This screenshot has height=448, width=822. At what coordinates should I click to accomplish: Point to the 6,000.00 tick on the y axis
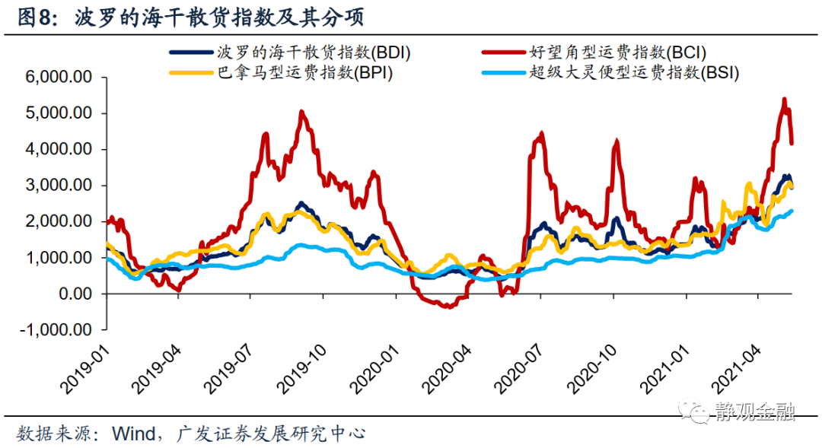(x=59, y=78)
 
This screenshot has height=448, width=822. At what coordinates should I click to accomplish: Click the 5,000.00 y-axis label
(x=59, y=113)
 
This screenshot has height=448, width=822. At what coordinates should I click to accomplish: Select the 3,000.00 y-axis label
(x=59, y=186)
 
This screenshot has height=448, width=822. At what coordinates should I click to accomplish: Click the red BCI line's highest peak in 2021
(x=784, y=100)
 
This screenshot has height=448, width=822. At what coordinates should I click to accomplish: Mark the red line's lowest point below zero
(x=449, y=307)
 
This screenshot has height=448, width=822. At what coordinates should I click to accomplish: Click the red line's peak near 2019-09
(x=302, y=113)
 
